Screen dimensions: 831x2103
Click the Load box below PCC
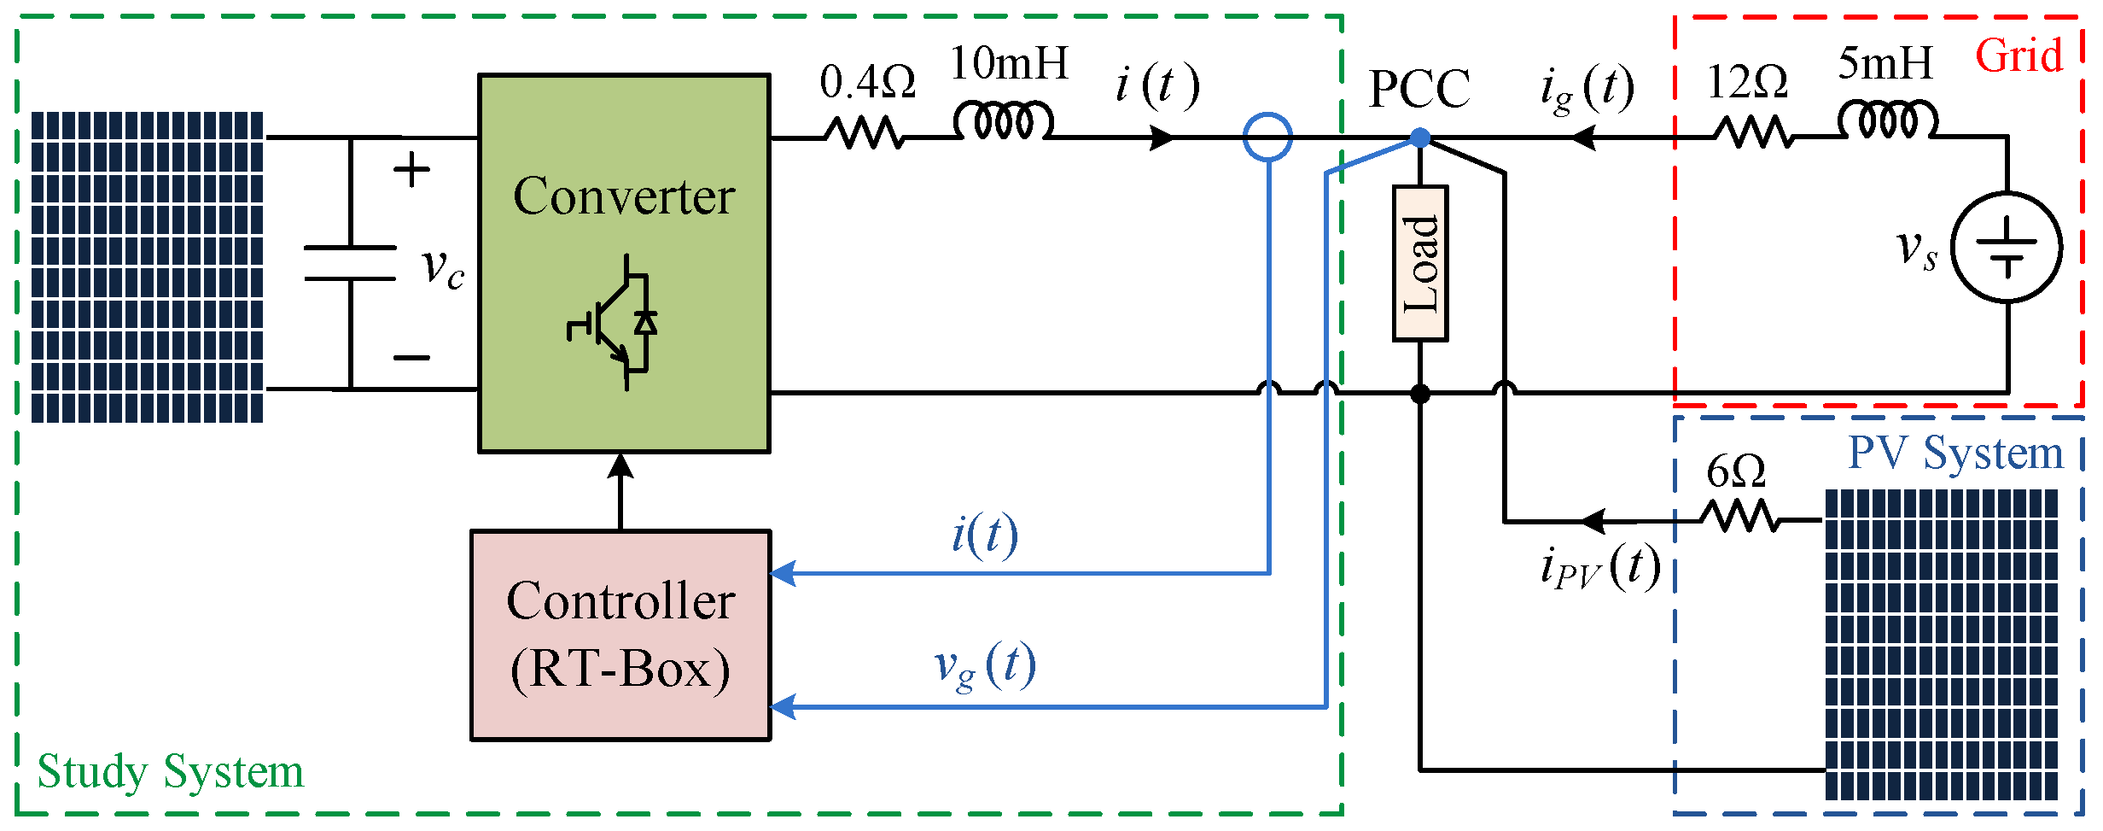point(1420,263)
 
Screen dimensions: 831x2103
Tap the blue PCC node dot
point(1420,138)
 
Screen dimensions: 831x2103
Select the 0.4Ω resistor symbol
point(863,134)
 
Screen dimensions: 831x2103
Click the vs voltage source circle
point(2007,248)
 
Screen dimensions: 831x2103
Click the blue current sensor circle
point(1267,138)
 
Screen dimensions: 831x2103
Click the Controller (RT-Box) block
point(620,635)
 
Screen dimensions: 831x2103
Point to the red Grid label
point(2019,56)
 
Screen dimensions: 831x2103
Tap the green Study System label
point(170,772)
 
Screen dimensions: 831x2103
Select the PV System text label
point(1954,453)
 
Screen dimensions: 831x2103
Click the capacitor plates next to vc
point(350,263)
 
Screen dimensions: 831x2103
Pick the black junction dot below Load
point(1420,394)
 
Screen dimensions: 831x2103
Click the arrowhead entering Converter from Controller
point(620,466)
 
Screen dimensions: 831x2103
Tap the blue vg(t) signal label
point(985,667)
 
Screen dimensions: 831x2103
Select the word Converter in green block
point(624,196)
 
